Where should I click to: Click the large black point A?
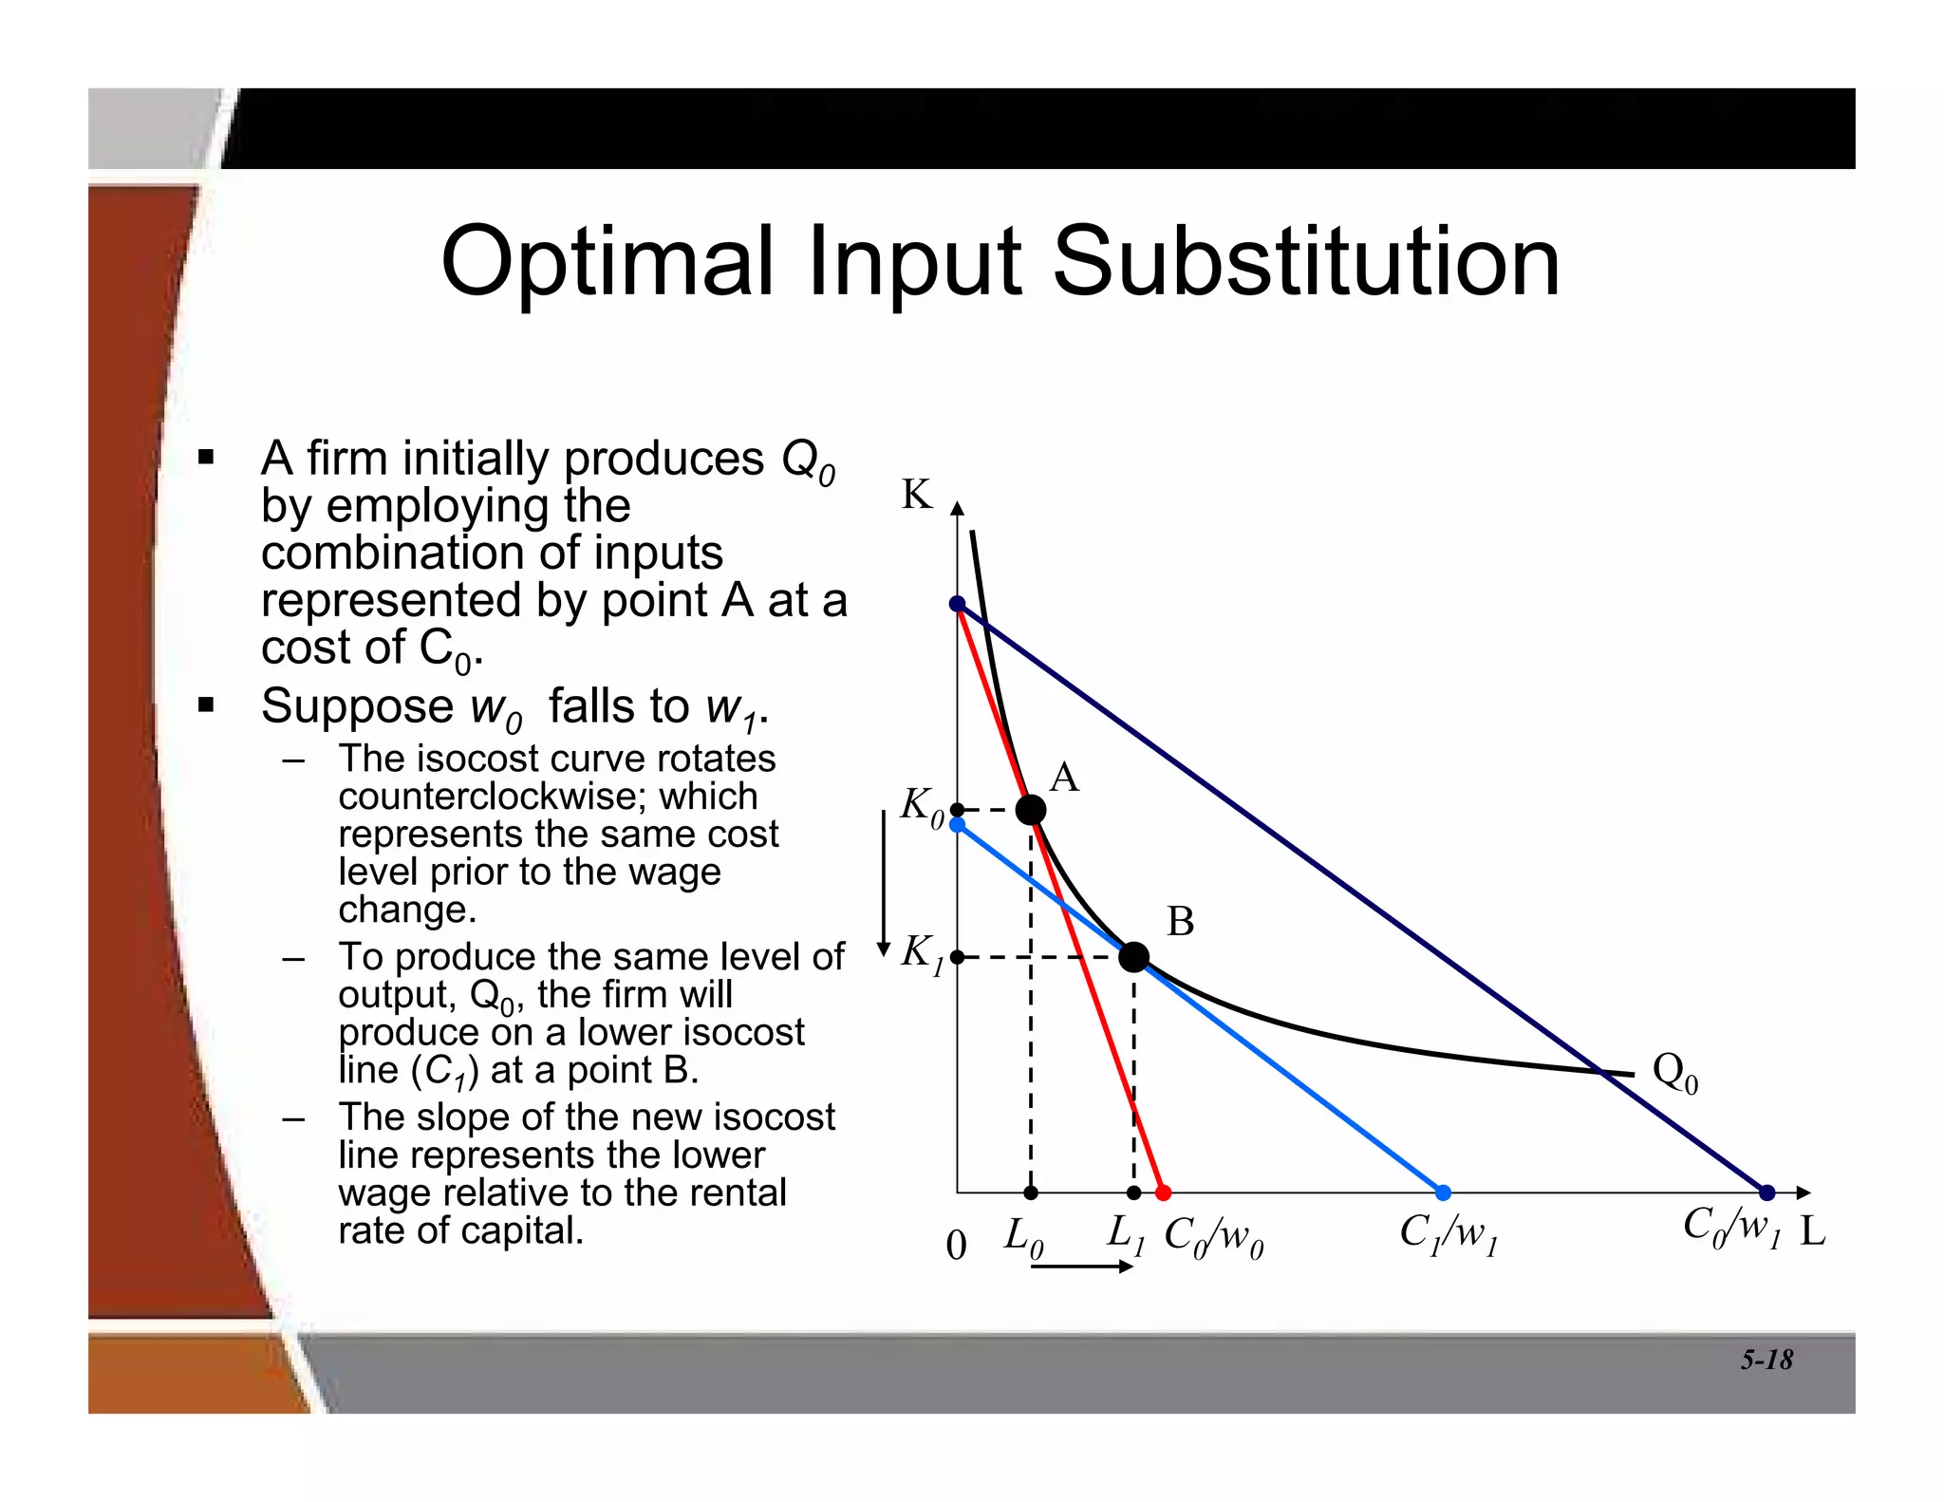(x=1031, y=810)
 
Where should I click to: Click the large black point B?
(x=1133, y=957)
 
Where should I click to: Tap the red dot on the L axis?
(x=1164, y=1193)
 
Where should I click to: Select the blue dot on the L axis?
(x=1443, y=1193)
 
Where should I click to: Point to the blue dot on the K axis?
(x=958, y=826)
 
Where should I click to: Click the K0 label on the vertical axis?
(x=922, y=807)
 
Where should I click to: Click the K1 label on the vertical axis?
(x=922, y=953)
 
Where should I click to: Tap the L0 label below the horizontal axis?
(x=1024, y=1237)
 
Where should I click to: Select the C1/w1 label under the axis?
(x=1449, y=1234)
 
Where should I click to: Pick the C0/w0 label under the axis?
(x=1214, y=1237)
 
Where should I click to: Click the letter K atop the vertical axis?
(x=917, y=495)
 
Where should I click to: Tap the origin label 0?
(x=956, y=1245)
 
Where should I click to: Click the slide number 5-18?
(x=1766, y=1360)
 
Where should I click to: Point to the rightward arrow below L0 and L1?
(x=1082, y=1267)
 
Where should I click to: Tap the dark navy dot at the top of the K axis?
(x=958, y=605)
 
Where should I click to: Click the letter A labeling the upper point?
(x=1064, y=778)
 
